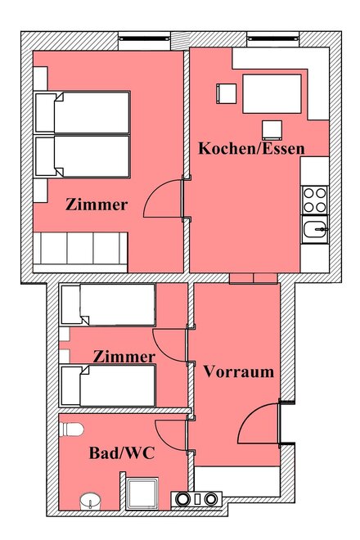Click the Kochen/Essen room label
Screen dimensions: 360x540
coord(251,148)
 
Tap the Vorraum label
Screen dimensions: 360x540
coord(239,371)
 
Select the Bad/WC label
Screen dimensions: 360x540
coord(122,453)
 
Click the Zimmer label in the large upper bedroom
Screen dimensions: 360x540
coord(97,205)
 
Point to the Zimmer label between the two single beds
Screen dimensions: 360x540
coord(124,357)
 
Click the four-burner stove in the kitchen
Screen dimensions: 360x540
coord(315,200)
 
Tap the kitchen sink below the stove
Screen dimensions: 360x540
coord(315,229)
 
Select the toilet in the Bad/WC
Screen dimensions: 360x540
coord(71,430)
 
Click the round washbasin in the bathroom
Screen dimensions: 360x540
coord(90,501)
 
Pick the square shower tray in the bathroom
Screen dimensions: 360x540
coord(142,493)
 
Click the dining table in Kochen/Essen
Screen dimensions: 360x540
coord(272,93)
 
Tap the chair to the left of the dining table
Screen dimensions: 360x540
coord(227,93)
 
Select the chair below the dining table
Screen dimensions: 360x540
coord(272,130)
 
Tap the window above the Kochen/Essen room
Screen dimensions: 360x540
coord(272,39)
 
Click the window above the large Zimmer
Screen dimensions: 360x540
coord(144,39)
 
